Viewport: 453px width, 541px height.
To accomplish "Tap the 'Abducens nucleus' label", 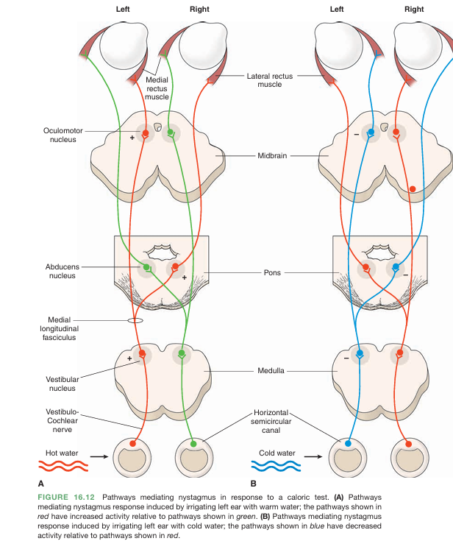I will tap(59, 271).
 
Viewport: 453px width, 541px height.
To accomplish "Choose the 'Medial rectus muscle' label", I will tap(157, 88).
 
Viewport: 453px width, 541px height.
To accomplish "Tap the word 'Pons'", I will tap(272, 273).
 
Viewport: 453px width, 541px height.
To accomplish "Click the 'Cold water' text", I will tap(277, 453).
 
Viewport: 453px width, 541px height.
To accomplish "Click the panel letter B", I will tap(253, 484).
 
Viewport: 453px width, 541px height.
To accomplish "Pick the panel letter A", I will tap(40, 484).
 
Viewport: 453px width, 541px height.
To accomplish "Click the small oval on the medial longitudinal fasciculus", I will tap(135, 321).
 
